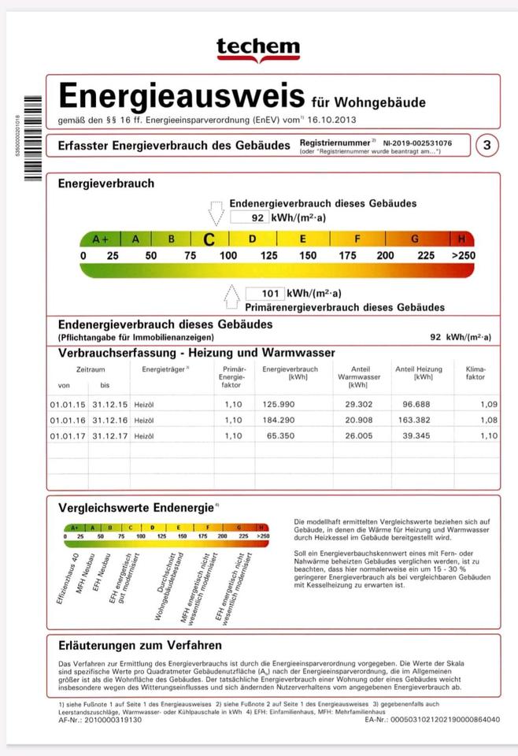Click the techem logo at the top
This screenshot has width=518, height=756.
(258, 48)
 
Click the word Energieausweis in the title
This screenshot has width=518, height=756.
(182, 97)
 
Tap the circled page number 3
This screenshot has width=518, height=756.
(488, 145)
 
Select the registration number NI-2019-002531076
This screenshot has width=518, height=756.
(418, 143)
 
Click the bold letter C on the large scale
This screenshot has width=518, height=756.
(209, 239)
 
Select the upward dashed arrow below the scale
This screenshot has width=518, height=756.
(232, 298)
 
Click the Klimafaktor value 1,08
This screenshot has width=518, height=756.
(489, 421)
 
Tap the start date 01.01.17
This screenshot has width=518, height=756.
(65, 435)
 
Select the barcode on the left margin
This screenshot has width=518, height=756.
(32, 139)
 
